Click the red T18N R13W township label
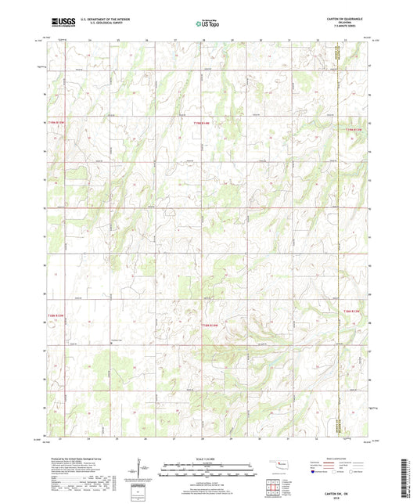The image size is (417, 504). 354,311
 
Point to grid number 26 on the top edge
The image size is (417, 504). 146,38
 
